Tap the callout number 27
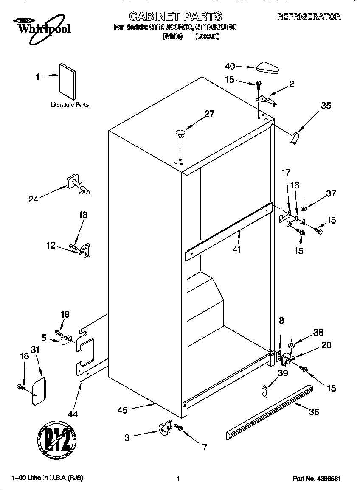[209, 114]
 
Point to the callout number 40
[230, 66]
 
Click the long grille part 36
[270, 412]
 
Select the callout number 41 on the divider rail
[236, 249]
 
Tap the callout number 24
[33, 199]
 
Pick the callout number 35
[326, 106]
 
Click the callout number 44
[73, 414]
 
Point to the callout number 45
[123, 410]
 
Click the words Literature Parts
[70, 105]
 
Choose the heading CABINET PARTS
[175, 17]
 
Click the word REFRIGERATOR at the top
[309, 17]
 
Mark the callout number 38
[318, 333]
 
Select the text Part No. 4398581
[317, 479]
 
